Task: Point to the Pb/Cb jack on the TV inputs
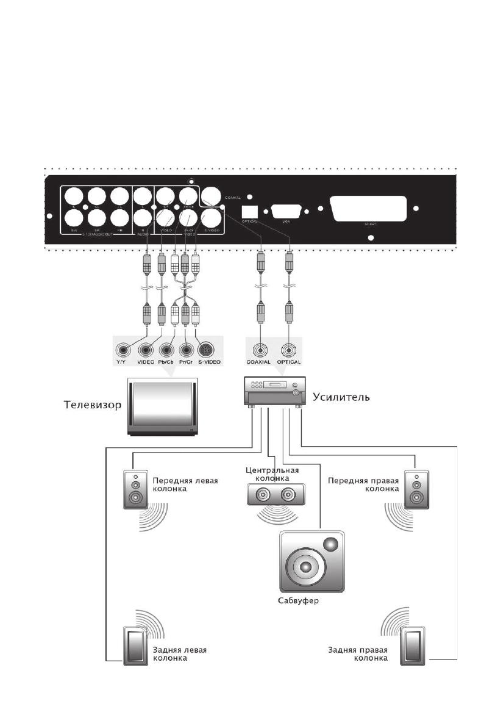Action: pyautogui.click(x=166, y=351)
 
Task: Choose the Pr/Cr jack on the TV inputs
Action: pyautogui.click(x=187, y=351)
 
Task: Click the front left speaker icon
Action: pyautogui.click(x=135, y=489)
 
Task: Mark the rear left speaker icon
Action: pyautogui.click(x=131, y=645)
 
